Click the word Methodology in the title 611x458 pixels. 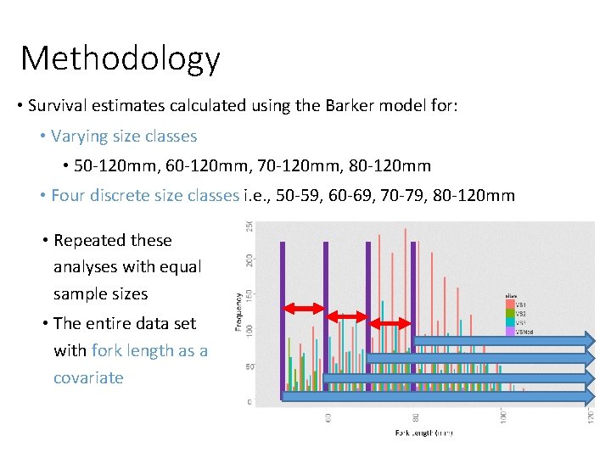click(120, 59)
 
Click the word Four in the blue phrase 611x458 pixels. click(69, 195)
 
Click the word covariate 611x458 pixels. click(88, 377)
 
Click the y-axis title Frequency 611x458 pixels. click(241, 312)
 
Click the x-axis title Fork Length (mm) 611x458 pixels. click(423, 433)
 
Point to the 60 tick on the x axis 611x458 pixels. click(328, 416)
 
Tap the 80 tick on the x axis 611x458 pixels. click(415, 416)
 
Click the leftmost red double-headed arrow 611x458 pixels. click(304, 309)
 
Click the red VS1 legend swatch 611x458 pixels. click(510, 303)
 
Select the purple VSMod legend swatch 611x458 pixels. click(510, 332)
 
